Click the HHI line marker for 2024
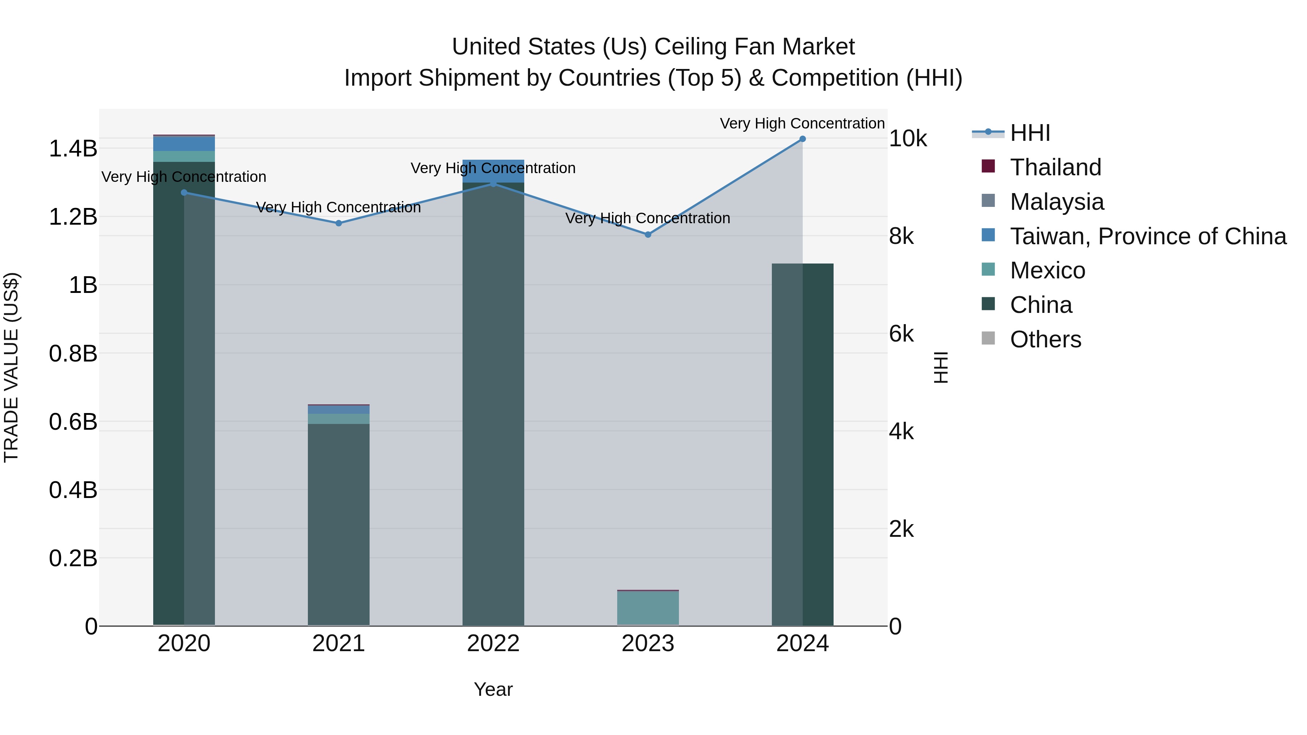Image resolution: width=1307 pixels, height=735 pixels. pyautogui.click(x=802, y=139)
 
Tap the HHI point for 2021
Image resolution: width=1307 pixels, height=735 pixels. pyautogui.click(x=338, y=223)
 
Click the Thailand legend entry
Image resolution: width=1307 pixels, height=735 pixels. pyautogui.click(x=1055, y=167)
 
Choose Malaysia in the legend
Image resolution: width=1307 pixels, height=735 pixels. pyautogui.click(x=1056, y=202)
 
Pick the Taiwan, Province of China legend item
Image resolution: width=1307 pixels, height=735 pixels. pyautogui.click(x=1148, y=236)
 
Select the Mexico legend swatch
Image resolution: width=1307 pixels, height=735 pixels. pyautogui.click(x=988, y=269)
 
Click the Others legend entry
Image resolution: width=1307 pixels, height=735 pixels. pyautogui.click(x=1045, y=339)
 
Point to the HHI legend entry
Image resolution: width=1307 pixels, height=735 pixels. pyautogui.click(x=1030, y=133)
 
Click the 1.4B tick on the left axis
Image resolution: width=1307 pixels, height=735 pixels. pyautogui.click(x=73, y=148)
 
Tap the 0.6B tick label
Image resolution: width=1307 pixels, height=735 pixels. pyautogui.click(x=73, y=421)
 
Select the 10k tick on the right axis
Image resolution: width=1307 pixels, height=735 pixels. pyautogui.click(x=908, y=139)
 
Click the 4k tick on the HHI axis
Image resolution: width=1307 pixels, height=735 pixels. pyautogui.click(x=901, y=432)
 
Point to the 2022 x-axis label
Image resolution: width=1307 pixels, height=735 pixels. pyautogui.click(x=493, y=644)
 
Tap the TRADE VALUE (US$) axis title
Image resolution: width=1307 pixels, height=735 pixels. pyautogui.click(x=11, y=367)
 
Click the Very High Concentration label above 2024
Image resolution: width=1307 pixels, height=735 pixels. pyautogui.click(x=802, y=123)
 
